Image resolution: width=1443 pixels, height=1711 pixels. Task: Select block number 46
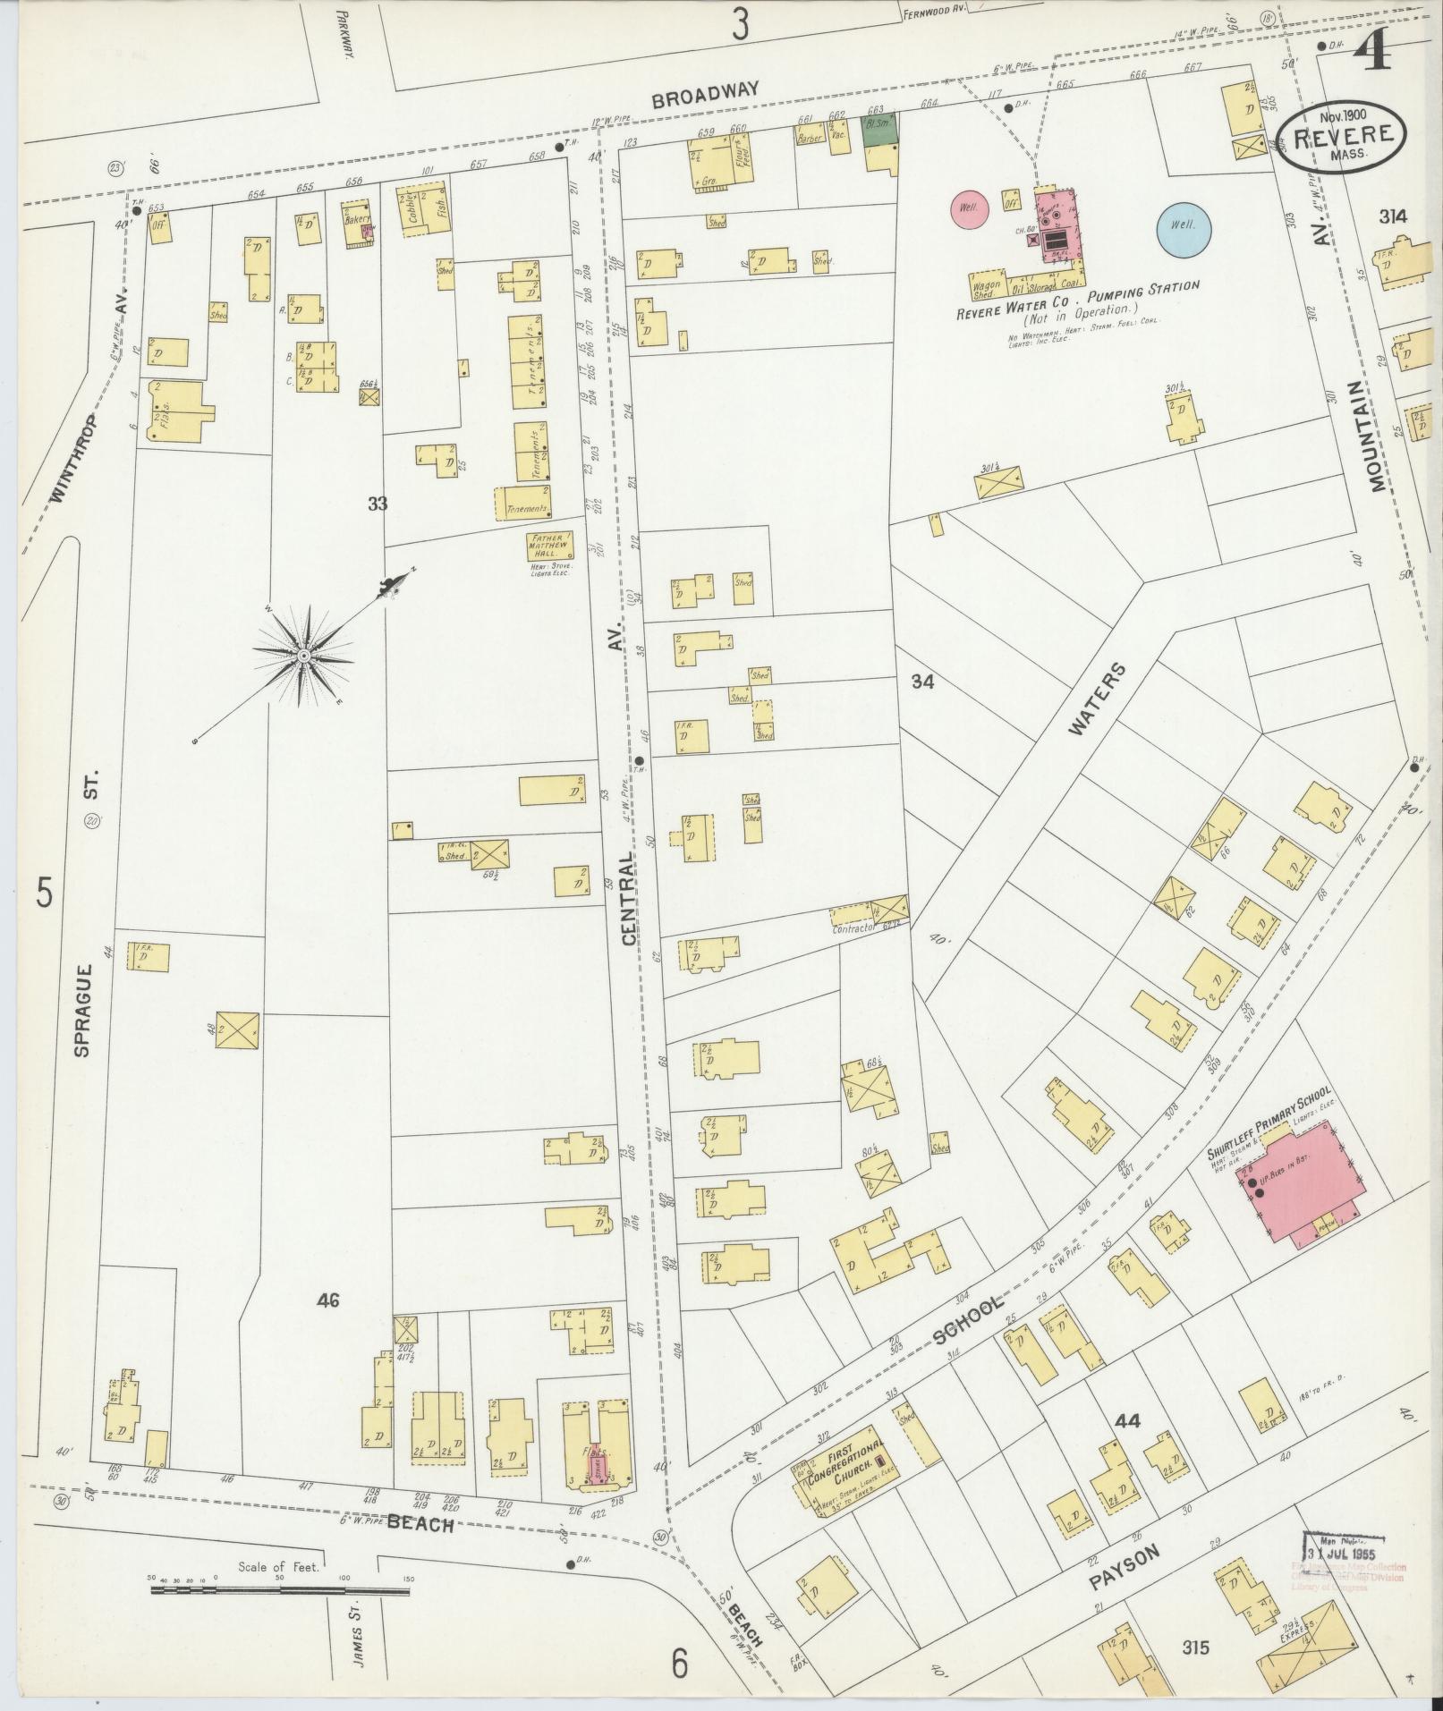tap(327, 1300)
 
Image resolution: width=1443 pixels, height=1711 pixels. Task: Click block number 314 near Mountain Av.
tap(1393, 216)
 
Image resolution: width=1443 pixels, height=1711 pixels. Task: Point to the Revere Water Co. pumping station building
tap(1058, 225)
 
